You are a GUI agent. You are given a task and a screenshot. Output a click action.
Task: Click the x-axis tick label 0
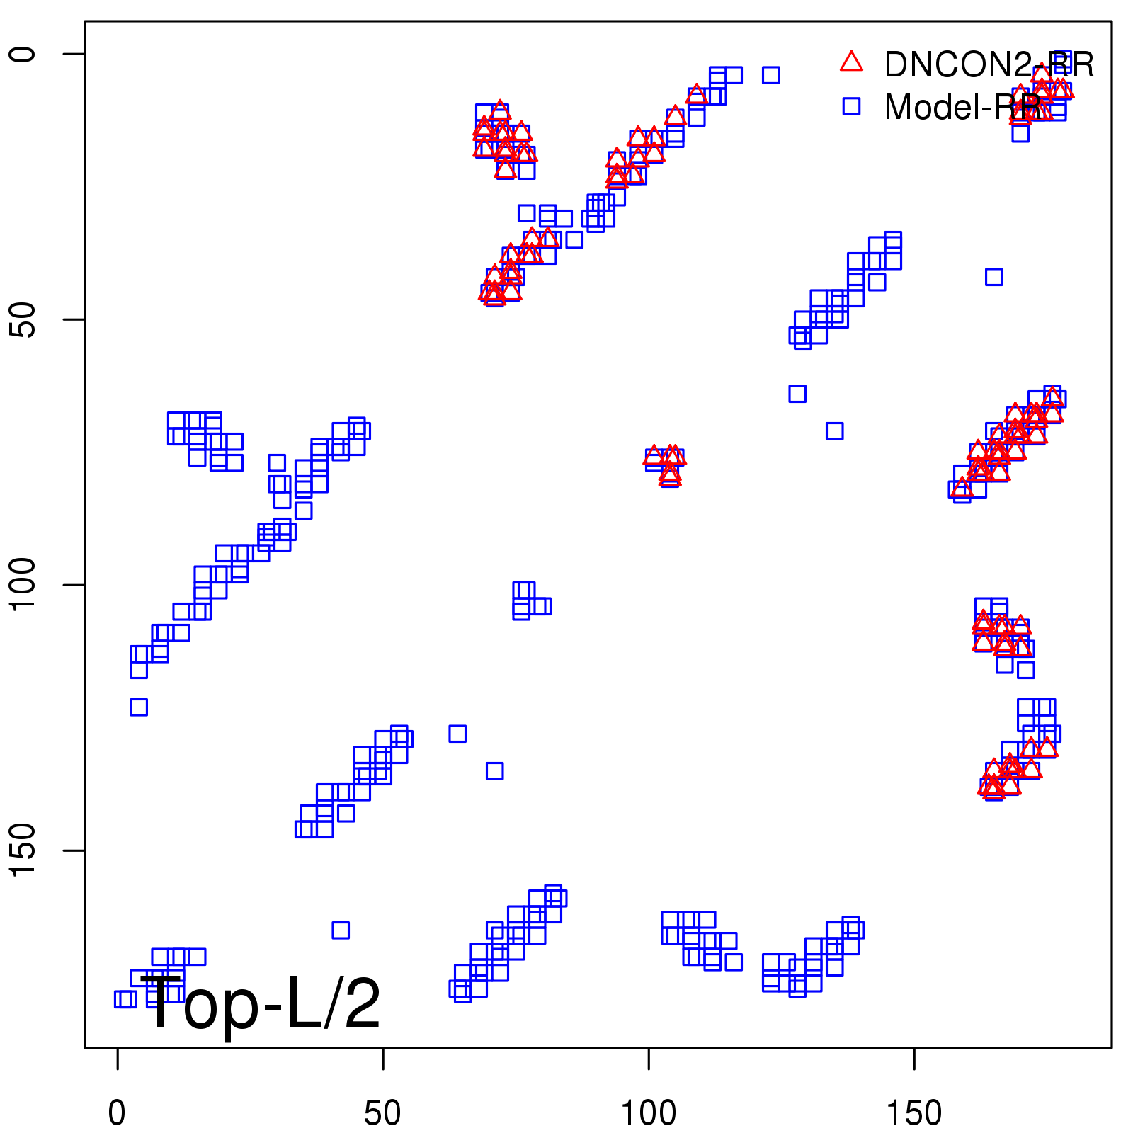(x=117, y=1113)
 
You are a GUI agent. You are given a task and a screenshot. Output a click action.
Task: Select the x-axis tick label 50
(x=382, y=1113)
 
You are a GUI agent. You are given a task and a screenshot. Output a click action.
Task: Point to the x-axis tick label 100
(x=648, y=1113)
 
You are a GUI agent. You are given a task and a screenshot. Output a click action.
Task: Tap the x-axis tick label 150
(x=914, y=1113)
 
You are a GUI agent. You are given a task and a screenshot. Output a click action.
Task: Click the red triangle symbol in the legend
(x=851, y=62)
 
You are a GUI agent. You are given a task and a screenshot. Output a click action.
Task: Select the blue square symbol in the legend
(x=851, y=107)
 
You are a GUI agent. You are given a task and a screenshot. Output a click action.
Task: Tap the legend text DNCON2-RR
(x=989, y=65)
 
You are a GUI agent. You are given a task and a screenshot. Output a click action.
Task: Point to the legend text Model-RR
(x=963, y=108)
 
